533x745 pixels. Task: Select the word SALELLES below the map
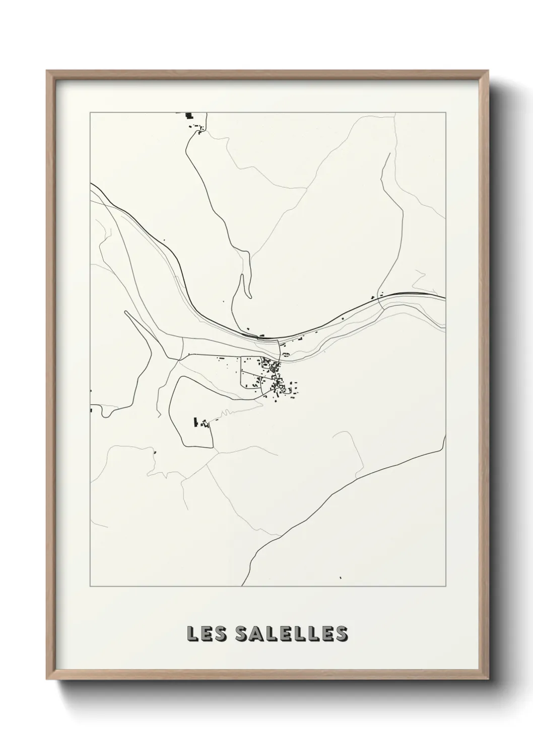(x=286, y=634)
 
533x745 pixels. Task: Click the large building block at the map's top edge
(x=189, y=116)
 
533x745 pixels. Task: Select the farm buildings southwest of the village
(x=199, y=422)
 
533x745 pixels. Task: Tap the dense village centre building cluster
(x=275, y=376)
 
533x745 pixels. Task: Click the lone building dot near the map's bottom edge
(x=341, y=577)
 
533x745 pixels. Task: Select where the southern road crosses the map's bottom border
(x=242, y=586)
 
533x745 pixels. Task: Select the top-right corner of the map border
(x=445, y=113)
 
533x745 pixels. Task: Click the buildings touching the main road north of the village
(x=260, y=336)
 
